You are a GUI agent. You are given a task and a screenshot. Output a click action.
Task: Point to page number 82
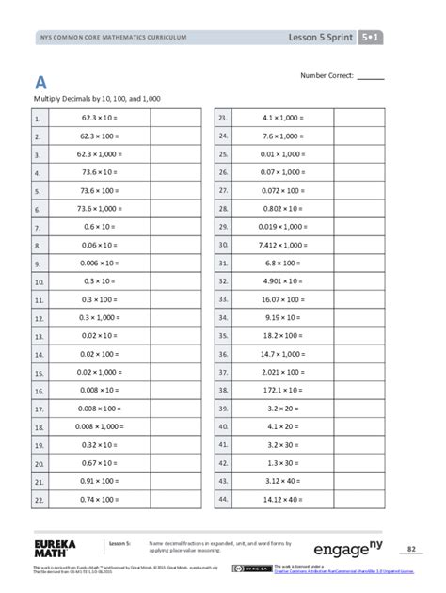pyautogui.click(x=411, y=548)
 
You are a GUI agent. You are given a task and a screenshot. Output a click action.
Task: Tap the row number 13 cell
pyautogui.click(x=39, y=335)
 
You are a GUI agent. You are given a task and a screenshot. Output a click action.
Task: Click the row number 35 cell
pyautogui.click(x=224, y=335)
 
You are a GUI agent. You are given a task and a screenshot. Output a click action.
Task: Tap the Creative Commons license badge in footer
pyautogui.click(x=256, y=568)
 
